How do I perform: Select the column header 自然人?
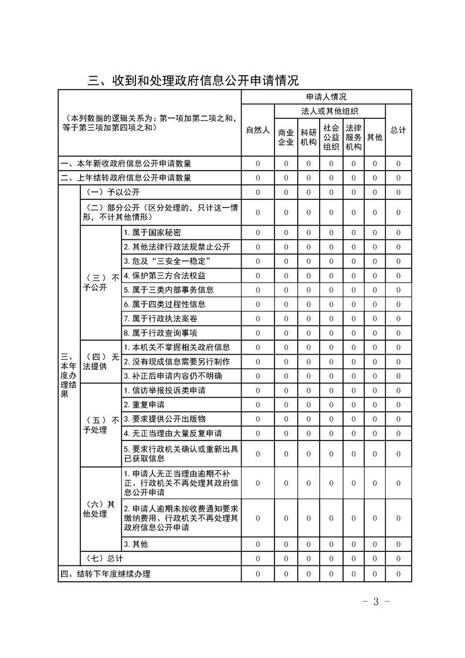257,130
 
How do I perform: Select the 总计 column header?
398,130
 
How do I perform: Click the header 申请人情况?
326,97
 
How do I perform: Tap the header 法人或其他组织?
330,111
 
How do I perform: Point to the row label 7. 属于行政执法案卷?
155,318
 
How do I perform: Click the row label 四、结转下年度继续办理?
106,574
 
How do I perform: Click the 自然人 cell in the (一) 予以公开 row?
257,192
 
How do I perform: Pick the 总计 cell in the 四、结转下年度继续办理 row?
398,574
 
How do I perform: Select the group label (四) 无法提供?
100,361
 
